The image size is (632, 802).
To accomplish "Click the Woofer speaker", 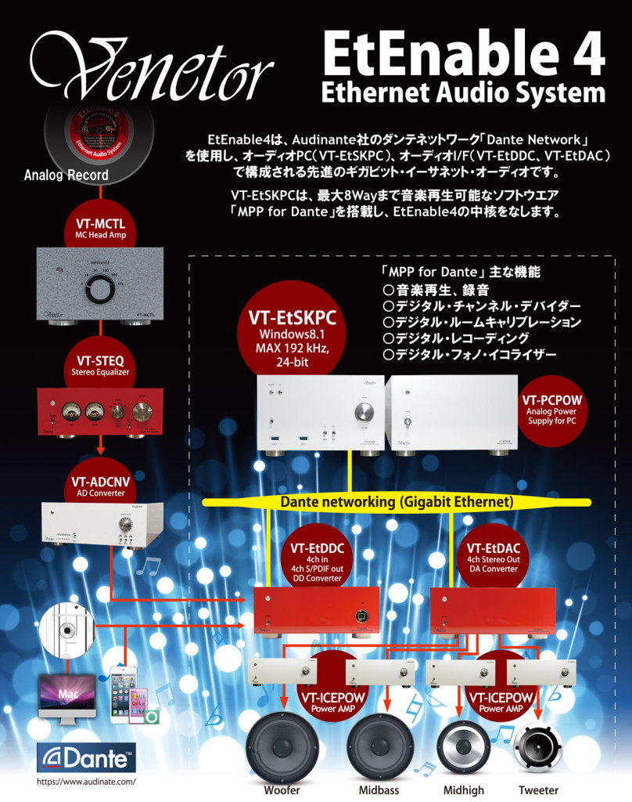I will click(x=282, y=744).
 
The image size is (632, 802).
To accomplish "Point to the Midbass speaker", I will click(x=380, y=744).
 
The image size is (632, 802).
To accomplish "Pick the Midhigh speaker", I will click(x=463, y=744).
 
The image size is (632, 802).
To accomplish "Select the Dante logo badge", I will click(x=87, y=759).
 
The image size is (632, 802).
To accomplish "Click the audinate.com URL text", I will click(x=87, y=782).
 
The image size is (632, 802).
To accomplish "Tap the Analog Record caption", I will click(x=66, y=175).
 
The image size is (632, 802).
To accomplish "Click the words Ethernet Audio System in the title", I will click(x=463, y=92).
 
